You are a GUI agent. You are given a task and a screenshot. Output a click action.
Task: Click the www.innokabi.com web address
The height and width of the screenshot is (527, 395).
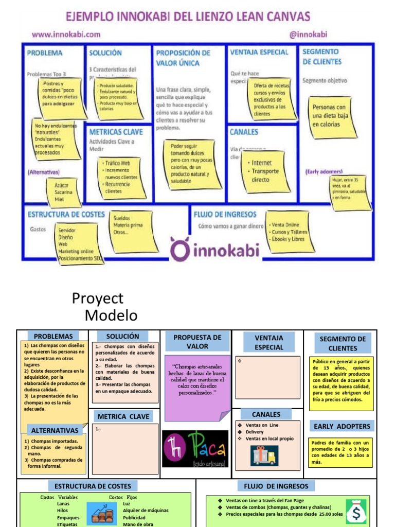(x=66, y=34)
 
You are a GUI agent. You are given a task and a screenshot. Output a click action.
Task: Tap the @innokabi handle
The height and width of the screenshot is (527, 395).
(x=309, y=34)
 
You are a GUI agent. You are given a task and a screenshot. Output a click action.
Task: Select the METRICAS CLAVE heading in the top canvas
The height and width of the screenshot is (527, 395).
(x=116, y=132)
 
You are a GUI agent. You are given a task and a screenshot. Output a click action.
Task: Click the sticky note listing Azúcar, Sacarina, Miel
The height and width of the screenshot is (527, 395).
(x=64, y=191)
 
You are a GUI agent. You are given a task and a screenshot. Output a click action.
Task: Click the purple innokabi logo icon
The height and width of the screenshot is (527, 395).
(x=180, y=249)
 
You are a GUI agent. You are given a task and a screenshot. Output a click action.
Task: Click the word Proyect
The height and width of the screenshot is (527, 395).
(x=98, y=298)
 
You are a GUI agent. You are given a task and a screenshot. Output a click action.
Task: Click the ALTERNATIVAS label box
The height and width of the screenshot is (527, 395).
(x=55, y=430)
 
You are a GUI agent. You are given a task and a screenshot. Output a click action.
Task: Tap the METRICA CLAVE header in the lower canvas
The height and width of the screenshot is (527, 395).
(x=123, y=416)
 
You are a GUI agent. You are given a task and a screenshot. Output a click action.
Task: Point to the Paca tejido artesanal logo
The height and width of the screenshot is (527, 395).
(x=195, y=449)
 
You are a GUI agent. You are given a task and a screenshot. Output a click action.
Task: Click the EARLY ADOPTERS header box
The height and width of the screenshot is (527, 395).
(x=342, y=426)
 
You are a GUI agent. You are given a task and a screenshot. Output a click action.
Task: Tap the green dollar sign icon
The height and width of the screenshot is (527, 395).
(x=356, y=511)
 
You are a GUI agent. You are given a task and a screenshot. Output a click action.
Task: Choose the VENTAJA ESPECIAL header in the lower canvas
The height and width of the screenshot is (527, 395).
(x=269, y=342)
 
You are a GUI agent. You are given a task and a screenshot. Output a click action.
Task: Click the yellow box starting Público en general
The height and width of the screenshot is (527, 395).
(x=342, y=383)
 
